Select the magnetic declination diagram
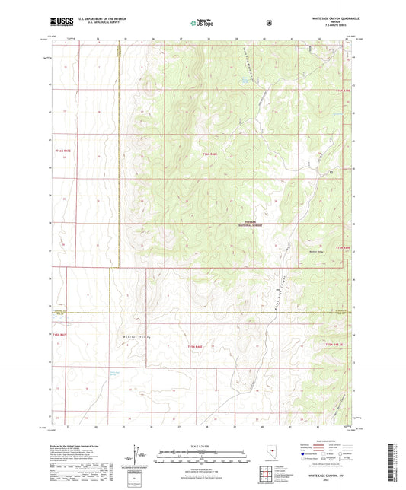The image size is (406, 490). pyautogui.click(x=136, y=453)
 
